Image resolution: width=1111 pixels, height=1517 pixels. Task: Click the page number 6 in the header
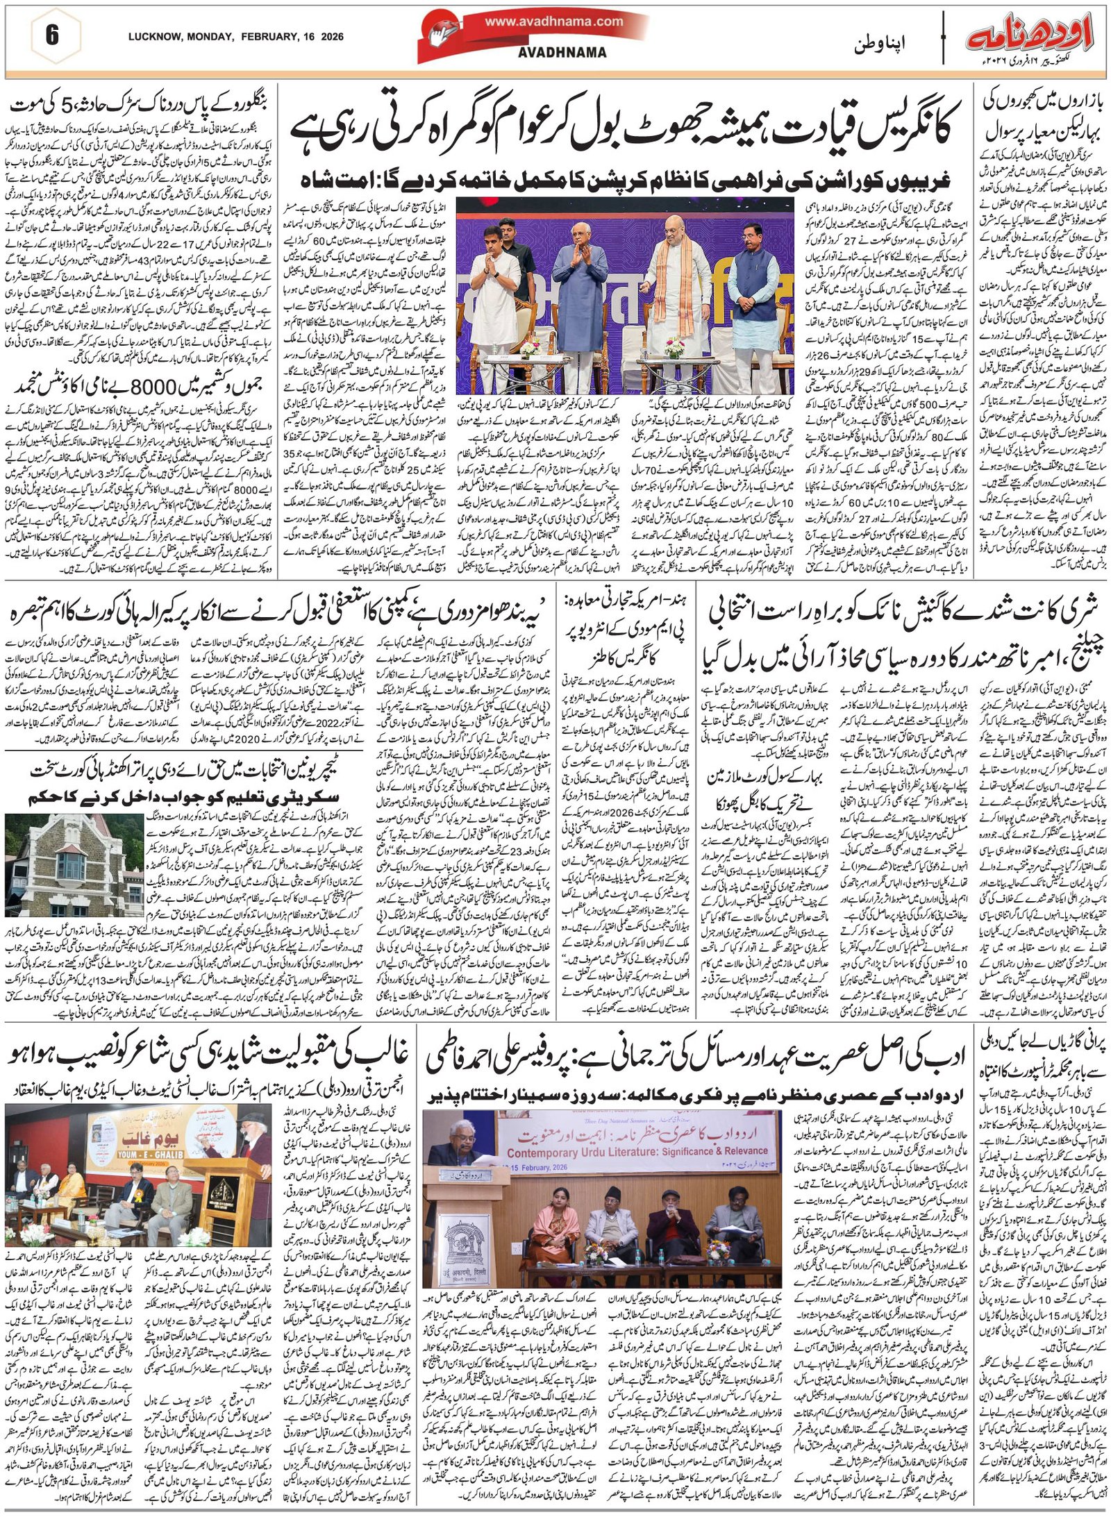[x=51, y=36]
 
